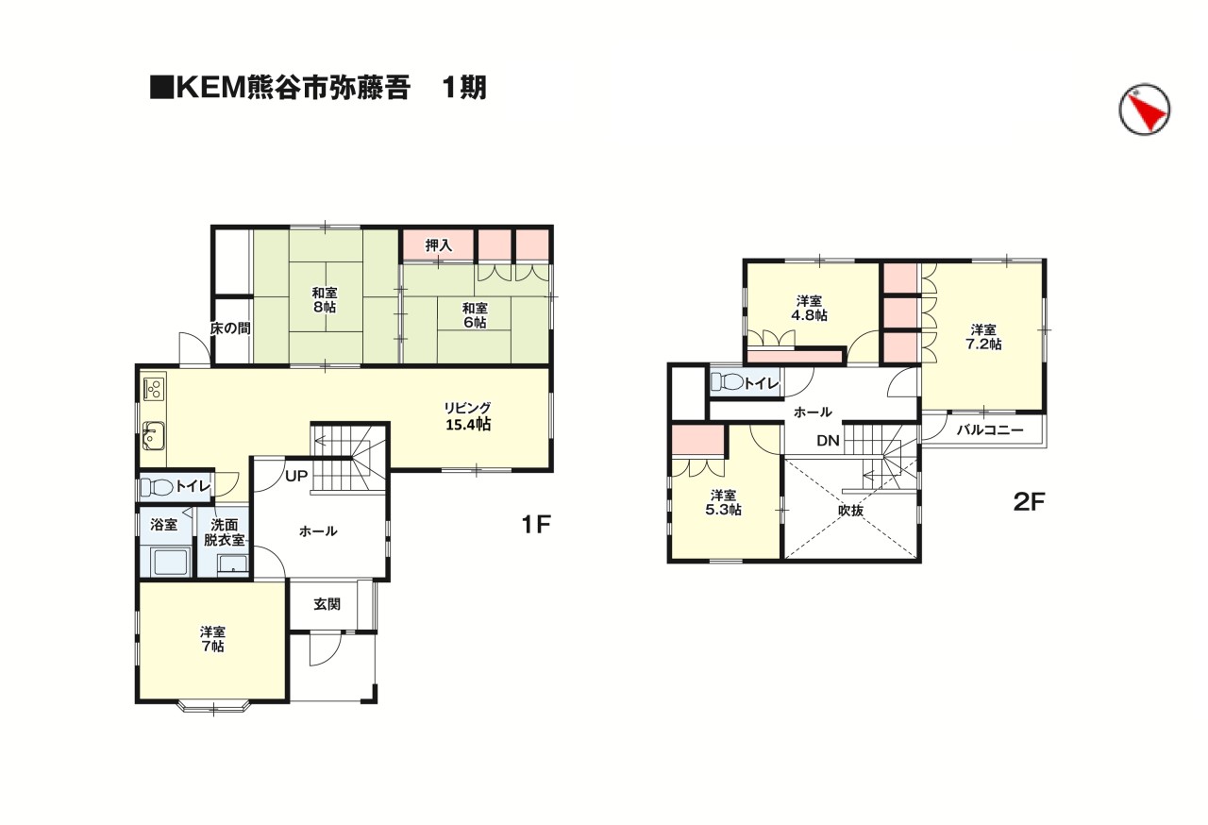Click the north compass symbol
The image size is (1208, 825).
1144,110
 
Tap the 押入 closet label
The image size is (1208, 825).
438,245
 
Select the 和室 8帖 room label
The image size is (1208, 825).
323,299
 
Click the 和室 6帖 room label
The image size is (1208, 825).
475,315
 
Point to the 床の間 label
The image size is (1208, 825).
230,329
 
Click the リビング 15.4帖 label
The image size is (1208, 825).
468,416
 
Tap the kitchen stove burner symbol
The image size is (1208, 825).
154,387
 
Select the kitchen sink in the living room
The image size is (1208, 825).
154,437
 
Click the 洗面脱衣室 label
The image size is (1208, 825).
225,532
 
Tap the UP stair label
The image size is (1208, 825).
296,476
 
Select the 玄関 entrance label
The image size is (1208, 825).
327,604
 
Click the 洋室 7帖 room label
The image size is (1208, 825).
211,639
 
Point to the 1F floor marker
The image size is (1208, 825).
535,525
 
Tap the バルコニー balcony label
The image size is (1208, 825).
989,430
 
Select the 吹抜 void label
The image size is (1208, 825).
851,510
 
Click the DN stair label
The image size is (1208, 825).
828,441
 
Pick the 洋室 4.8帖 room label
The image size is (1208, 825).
811,309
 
